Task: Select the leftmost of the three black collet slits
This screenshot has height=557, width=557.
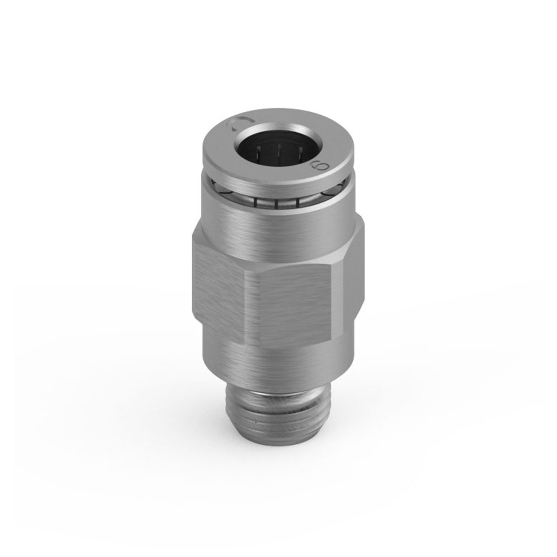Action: pyautogui.click(x=255, y=202)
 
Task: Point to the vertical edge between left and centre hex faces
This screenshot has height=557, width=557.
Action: pyautogui.click(x=255, y=306)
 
